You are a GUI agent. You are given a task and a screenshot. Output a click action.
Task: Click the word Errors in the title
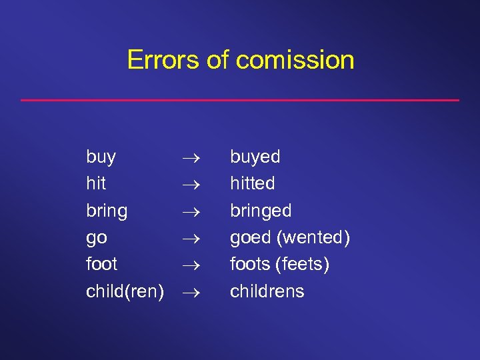point(163,60)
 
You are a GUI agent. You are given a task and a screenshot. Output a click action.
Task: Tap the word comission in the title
point(295,60)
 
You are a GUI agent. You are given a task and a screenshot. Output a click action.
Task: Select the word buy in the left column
point(101,158)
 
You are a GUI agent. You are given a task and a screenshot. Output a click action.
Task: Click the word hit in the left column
point(96,183)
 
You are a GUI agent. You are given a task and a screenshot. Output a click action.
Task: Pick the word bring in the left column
point(107,211)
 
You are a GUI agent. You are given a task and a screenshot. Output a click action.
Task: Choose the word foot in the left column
point(102,264)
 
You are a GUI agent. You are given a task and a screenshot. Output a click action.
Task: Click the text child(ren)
point(125,291)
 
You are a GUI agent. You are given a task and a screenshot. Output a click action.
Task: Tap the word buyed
point(255,158)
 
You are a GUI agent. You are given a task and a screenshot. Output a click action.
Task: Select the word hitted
point(253,183)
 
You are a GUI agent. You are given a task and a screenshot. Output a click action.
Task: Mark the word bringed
point(261,211)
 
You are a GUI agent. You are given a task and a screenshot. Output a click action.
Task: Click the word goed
point(250,238)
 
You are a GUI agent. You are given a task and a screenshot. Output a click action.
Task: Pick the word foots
point(250,265)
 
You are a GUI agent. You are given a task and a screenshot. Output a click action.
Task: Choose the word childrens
point(267,291)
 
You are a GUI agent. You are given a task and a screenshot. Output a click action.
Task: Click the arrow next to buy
point(189,158)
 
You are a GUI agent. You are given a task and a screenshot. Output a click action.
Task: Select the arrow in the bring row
point(189,211)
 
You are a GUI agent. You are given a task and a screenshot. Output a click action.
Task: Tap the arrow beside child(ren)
point(189,291)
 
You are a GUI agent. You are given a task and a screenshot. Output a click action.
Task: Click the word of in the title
point(217,60)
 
